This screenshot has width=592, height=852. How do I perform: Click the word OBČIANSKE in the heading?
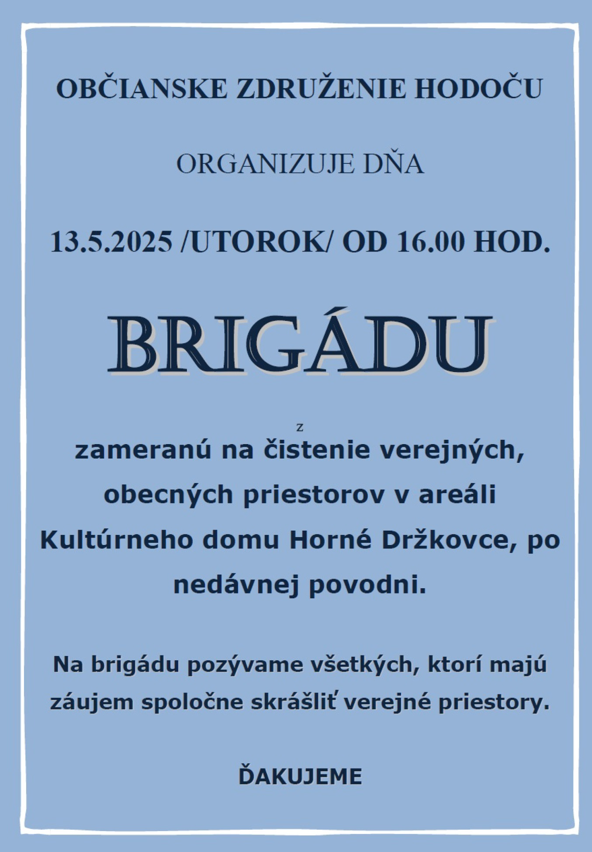click(142, 89)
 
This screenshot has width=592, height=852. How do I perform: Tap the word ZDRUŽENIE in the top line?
click(321, 89)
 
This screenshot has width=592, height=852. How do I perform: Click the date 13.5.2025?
click(112, 242)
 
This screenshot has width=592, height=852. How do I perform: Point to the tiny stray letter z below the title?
click(300, 428)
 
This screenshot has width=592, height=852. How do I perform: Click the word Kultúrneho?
click(117, 540)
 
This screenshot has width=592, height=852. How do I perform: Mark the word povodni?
click(367, 585)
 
